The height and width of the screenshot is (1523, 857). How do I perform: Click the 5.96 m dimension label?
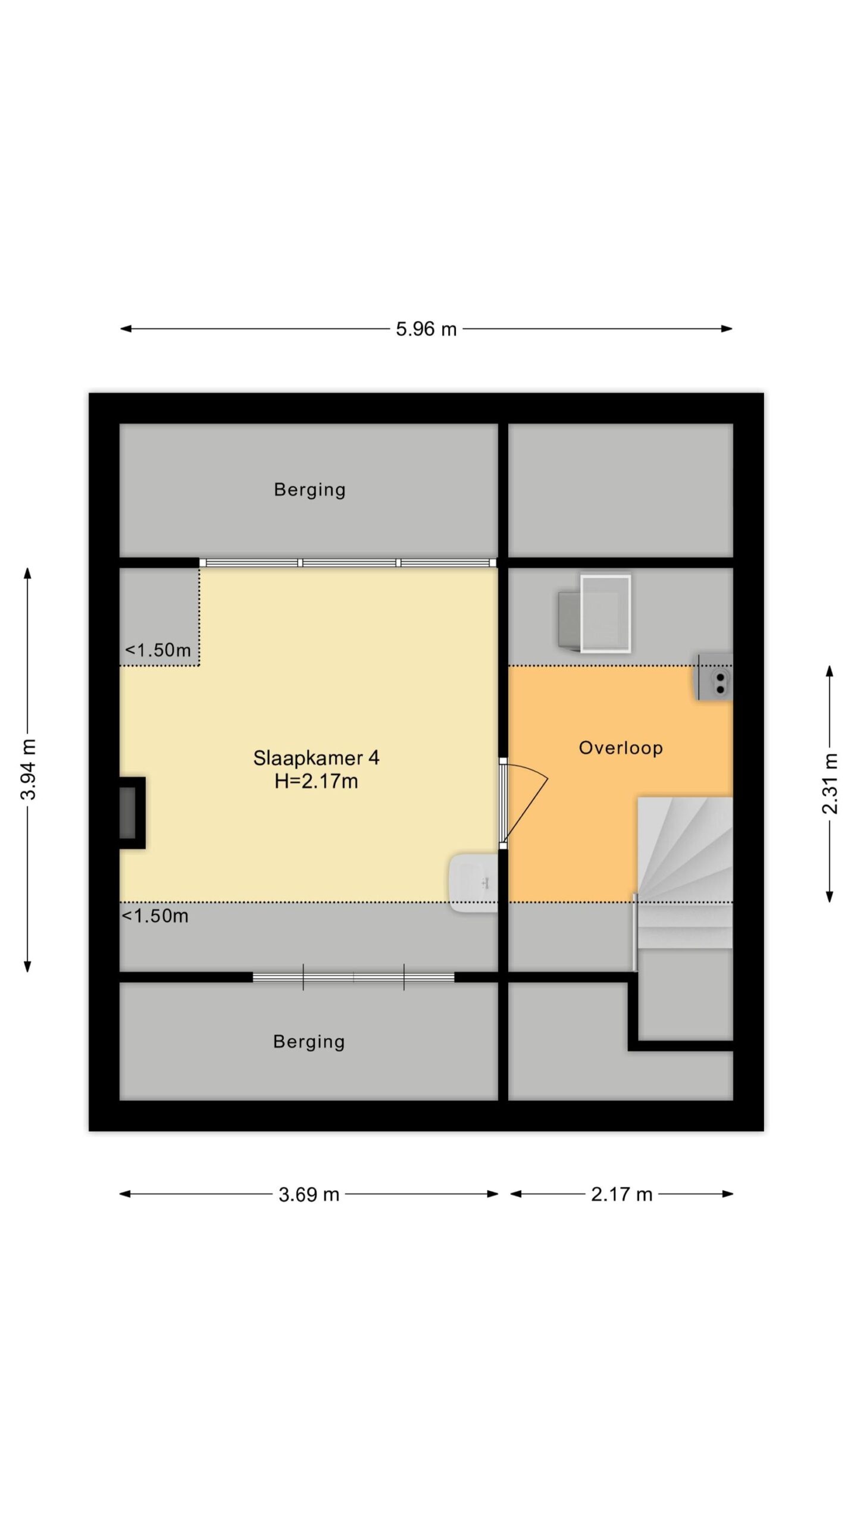426,329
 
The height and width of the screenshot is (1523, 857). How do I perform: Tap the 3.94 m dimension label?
29,769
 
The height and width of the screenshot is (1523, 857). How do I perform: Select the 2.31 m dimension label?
830,783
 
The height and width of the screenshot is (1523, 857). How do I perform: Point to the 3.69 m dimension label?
309,1194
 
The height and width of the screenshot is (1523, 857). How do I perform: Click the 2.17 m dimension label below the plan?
621,1194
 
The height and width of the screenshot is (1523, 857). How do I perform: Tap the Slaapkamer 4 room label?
316,758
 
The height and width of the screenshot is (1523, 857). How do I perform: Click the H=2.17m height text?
316,781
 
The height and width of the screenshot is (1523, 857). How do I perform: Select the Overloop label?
621,748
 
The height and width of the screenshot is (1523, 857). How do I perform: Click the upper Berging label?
309,490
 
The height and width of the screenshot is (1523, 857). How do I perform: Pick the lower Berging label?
309,1042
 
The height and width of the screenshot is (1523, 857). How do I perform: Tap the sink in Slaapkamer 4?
474,883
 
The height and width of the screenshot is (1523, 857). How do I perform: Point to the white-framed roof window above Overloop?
605,613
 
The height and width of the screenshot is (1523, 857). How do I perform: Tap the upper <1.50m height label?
158,650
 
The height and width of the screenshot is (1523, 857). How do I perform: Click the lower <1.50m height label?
155,916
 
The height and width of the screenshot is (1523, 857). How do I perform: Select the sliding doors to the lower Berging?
354,977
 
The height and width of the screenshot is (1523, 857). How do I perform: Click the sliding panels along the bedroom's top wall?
348,562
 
